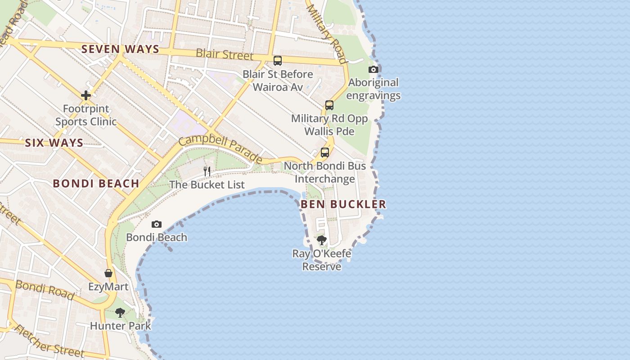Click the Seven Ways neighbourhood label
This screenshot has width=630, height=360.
120,49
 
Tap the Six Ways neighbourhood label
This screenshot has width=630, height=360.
54,143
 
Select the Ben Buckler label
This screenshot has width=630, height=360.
343,204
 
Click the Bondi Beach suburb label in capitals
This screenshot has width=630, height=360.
96,184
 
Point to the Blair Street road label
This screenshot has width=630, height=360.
225,54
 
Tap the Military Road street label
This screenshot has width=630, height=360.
327,34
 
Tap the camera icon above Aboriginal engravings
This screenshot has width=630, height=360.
373,69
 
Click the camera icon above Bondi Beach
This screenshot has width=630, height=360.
156,224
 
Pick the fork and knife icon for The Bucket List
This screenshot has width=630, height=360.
207,171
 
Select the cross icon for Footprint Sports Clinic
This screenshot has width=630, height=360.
85,95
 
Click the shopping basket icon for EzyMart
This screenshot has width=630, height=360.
108,273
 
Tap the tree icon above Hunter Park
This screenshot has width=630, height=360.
120,312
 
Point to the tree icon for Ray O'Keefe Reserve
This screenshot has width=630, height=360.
321,240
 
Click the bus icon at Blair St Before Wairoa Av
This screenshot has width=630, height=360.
278,61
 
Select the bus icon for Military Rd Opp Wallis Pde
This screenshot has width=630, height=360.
329,105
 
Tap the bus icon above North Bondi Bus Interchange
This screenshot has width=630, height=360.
325,153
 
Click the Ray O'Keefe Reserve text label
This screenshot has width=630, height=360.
321,260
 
